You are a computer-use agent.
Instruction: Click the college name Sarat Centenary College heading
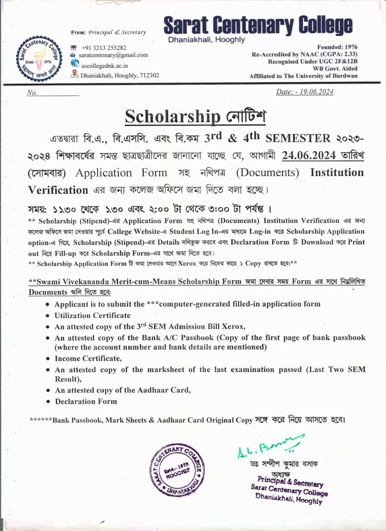258,26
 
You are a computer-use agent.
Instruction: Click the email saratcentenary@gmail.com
113,55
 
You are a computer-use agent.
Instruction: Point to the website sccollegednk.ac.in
105,66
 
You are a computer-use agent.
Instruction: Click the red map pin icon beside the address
75,74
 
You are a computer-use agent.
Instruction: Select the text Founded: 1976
337,47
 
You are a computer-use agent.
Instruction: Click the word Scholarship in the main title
173,116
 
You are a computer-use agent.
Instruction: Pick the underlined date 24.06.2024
309,155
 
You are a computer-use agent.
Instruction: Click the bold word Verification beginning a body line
58,190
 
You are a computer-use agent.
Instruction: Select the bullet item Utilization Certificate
93,315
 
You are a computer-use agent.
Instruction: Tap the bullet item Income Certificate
88,358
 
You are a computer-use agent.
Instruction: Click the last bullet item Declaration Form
86,402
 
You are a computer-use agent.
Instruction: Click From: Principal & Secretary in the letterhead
108,33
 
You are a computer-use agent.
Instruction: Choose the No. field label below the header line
32,93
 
